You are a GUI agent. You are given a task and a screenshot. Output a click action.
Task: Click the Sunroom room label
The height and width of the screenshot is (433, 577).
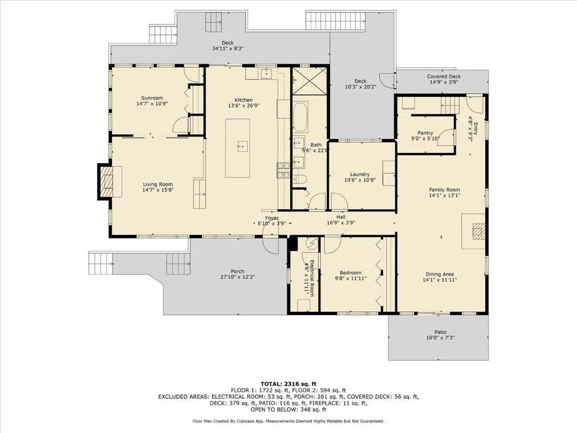click(152, 98)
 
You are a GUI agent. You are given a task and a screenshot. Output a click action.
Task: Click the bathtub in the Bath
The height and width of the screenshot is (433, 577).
click(300, 117)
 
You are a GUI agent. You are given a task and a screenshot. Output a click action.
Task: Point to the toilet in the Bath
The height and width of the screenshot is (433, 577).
click(299, 180)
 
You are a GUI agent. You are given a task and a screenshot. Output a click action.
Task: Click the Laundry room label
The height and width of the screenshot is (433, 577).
click(359, 174)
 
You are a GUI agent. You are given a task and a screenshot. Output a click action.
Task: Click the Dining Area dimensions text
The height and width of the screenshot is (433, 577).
click(440, 280)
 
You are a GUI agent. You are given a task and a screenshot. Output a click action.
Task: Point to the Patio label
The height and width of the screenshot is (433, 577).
click(440, 332)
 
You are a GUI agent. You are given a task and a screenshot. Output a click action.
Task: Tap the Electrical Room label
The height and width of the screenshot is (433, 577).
click(311, 278)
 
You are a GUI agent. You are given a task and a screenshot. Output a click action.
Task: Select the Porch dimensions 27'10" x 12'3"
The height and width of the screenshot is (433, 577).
click(237, 277)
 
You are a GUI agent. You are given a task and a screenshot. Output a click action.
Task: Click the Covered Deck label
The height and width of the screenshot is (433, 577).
click(444, 77)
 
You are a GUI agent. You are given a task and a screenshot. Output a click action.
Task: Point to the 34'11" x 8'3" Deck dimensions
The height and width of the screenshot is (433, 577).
click(228, 48)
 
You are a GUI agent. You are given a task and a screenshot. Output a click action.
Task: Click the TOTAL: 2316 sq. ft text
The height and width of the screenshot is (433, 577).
click(288, 383)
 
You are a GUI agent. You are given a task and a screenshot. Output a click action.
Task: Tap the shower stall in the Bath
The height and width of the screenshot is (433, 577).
click(309, 81)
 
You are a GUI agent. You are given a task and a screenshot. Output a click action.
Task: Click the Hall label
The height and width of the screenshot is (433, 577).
click(341, 217)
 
